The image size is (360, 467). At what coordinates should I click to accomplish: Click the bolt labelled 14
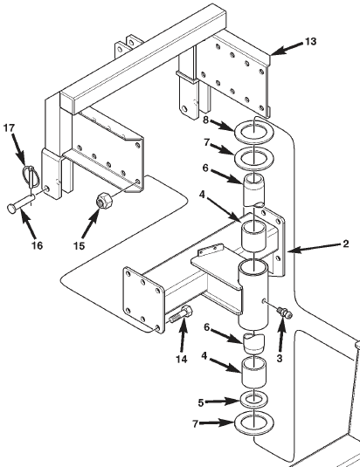point(183,315)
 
